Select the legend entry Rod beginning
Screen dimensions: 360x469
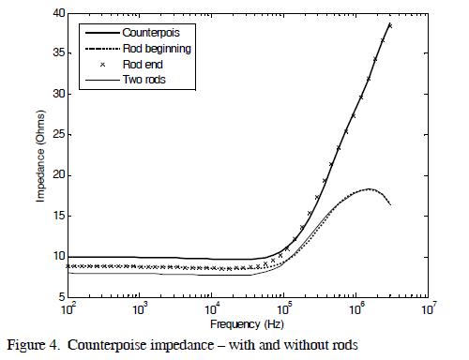pos(156,49)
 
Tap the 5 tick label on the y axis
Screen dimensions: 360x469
pos(58,296)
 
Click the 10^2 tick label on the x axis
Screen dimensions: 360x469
pos(68,307)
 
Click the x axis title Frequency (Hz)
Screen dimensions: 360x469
pos(248,323)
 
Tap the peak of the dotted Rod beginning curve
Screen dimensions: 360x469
pos(369,188)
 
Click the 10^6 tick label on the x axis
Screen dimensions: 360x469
pos(356,307)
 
